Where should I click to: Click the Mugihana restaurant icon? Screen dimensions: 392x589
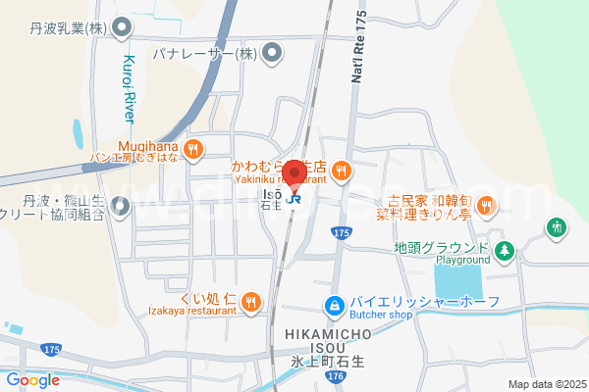coord(193,149)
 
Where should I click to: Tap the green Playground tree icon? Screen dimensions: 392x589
coord(505,251)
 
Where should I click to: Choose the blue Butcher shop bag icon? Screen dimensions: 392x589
coord(335,306)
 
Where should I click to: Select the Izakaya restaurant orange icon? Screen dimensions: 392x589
coord(251,301)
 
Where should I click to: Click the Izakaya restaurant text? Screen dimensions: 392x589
coord(197,310)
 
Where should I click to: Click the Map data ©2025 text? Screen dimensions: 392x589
coord(545,384)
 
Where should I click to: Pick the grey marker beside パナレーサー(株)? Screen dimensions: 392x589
coord(271,52)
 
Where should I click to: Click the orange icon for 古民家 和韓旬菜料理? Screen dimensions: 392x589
coord(486,205)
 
